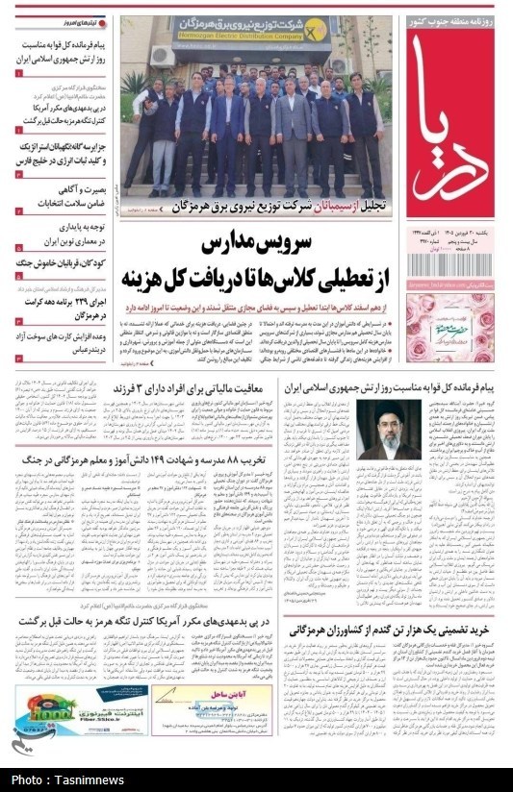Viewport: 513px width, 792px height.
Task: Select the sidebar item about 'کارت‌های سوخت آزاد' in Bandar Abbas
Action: pyautogui.click(x=58, y=344)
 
